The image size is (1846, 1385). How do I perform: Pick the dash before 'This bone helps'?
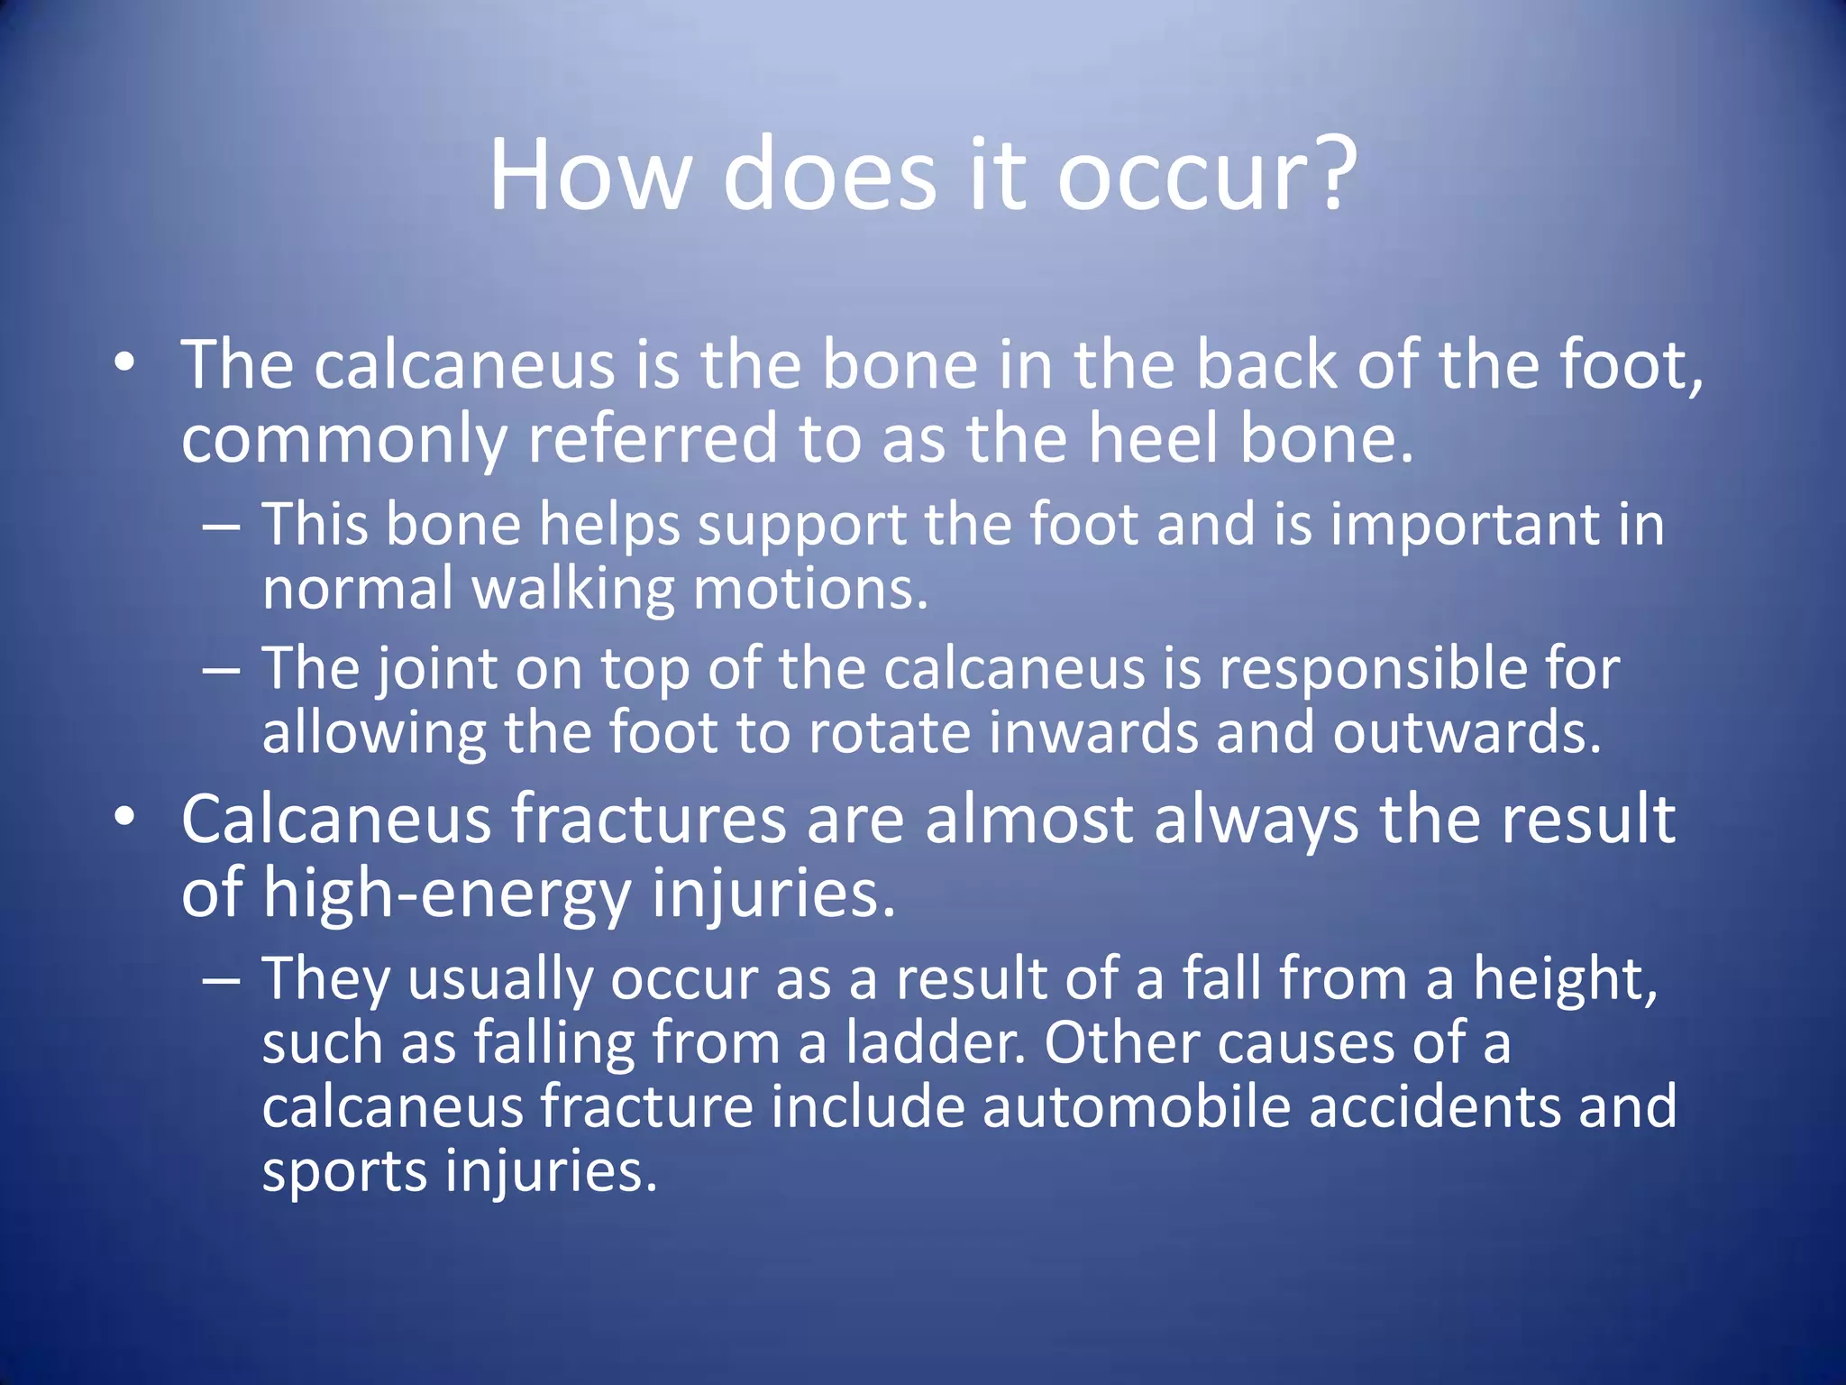[x=222, y=525]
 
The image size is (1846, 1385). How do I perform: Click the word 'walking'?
[x=573, y=589]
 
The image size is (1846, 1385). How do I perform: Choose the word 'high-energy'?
[x=447, y=894]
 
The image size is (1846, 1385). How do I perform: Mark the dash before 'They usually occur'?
[x=222, y=979]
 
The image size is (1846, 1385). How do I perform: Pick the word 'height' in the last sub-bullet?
[x=1564, y=979]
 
